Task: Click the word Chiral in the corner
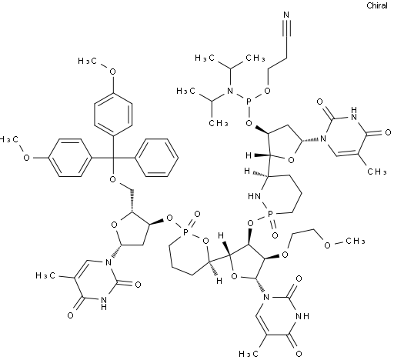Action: pyautogui.click(x=377, y=5)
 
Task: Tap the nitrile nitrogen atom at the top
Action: pyautogui.click(x=286, y=15)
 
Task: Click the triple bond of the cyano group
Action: pyautogui.click(x=286, y=28)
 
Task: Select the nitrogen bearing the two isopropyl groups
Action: pyautogui.click(x=230, y=91)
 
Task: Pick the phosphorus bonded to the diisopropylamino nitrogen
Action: pyautogui.click(x=249, y=102)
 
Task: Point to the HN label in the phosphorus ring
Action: pyautogui.click(x=255, y=197)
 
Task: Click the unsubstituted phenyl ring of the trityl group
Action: pyautogui.click(x=157, y=158)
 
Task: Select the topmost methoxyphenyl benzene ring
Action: pyautogui.click(x=113, y=114)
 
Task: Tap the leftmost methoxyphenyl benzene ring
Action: pyautogui.click(x=70, y=158)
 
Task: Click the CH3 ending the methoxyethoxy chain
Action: pyautogui.click(x=355, y=241)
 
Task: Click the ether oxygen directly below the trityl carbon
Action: pyautogui.click(x=113, y=179)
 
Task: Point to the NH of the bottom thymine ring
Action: pyautogui.click(x=302, y=316)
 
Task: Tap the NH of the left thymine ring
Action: pyautogui.click(x=104, y=303)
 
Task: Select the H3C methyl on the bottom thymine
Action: pyautogui.click(x=248, y=354)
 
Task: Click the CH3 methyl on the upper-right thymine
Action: pyautogui.click(x=376, y=172)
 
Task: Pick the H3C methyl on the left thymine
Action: pyautogui.click(x=45, y=275)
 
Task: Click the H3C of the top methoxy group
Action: pyautogui.click(x=88, y=61)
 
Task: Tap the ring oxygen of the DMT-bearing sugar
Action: pyautogui.click(x=114, y=225)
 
